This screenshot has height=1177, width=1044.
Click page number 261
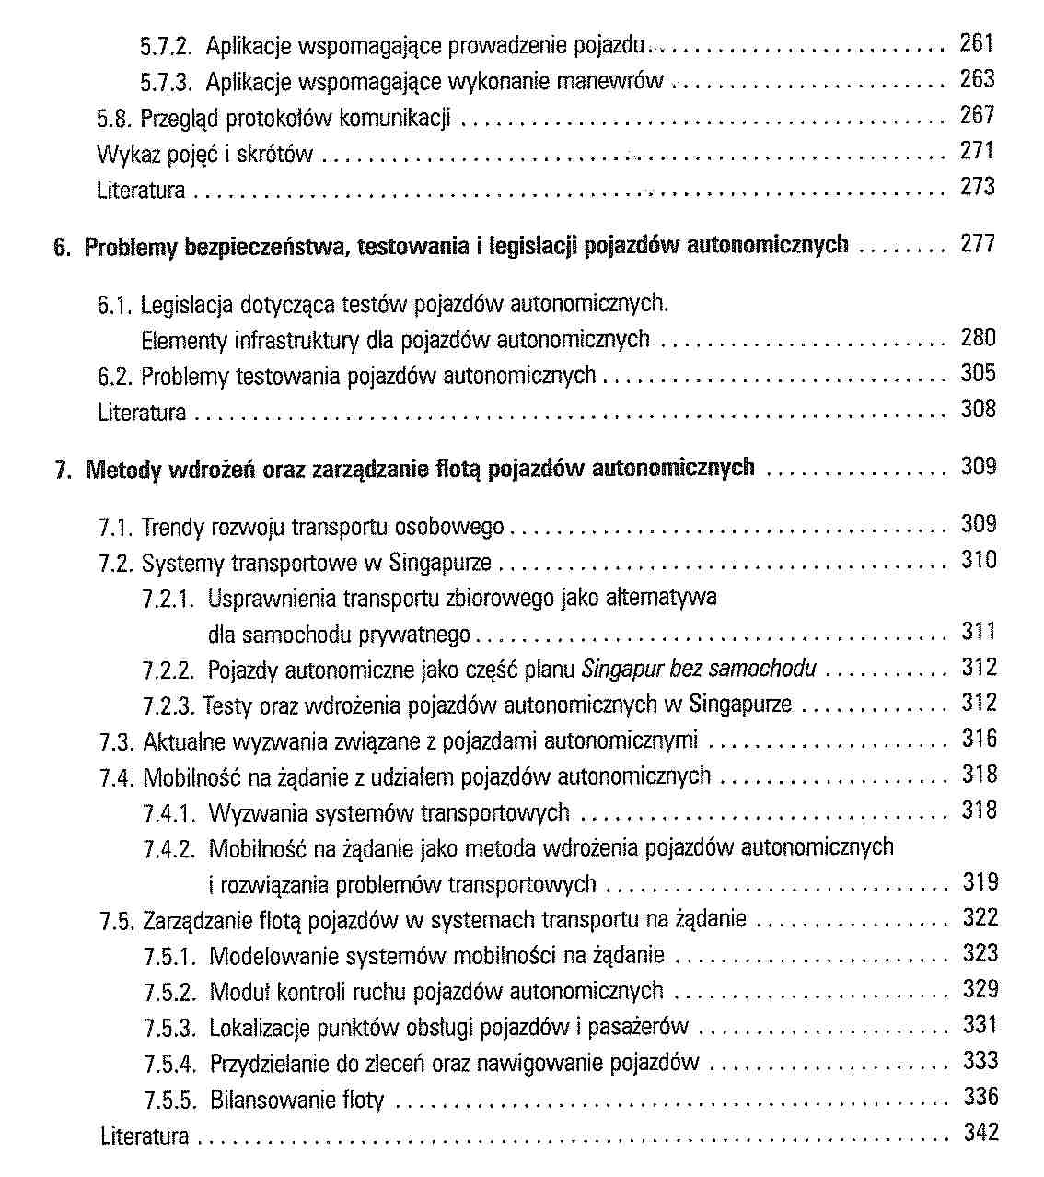[977, 42]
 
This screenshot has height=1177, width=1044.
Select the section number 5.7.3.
[166, 83]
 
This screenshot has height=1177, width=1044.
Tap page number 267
[977, 115]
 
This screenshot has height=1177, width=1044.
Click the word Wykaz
[122, 154]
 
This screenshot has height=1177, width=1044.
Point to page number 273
[977, 187]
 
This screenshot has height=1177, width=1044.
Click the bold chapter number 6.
[62, 247]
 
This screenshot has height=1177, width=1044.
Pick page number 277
[977, 244]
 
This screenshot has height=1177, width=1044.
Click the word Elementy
[184, 341]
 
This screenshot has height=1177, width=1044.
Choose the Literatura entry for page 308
[142, 413]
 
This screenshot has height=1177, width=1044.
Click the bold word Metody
[121, 470]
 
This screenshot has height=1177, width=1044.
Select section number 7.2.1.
[169, 600]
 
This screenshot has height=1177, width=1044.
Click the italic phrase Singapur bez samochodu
[699, 670]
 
